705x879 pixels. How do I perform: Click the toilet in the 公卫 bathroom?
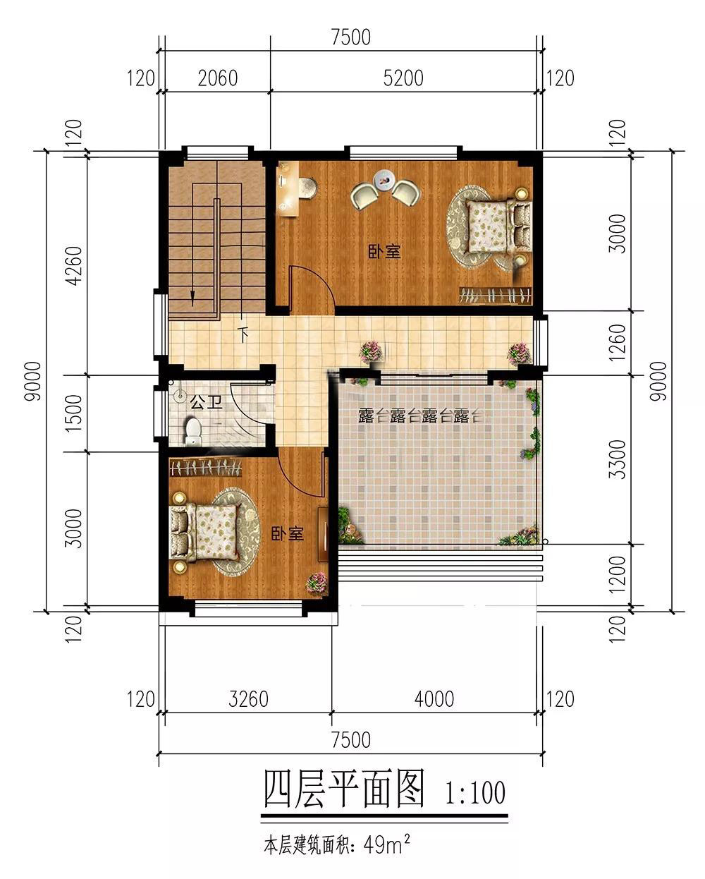click(x=192, y=430)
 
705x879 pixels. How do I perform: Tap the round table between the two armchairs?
click(x=384, y=179)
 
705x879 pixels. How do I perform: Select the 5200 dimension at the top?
click(x=403, y=78)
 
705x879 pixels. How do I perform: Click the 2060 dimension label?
click(x=218, y=78)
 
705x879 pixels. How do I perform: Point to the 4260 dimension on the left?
click(x=74, y=265)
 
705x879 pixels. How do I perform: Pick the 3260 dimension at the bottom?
click(x=248, y=699)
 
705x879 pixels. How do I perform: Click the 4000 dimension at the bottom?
click(x=434, y=699)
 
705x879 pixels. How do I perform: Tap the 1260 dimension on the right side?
click(x=618, y=342)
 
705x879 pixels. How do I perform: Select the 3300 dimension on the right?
click(x=618, y=459)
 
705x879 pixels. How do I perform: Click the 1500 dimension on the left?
click(x=74, y=413)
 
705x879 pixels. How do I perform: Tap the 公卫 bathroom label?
click(x=207, y=403)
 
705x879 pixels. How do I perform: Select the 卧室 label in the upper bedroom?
click(x=384, y=252)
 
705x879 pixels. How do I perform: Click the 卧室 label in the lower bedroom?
click(x=288, y=534)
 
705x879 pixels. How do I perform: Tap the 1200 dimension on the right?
click(x=618, y=575)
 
